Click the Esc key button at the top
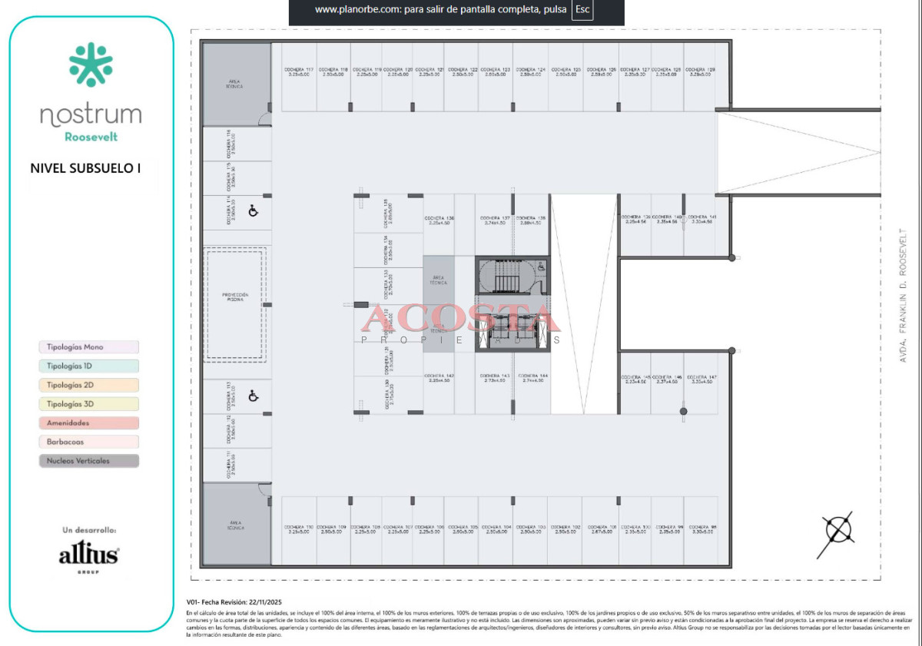pos(582,10)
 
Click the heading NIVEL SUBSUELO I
pos(85,167)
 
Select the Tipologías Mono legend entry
pos(88,347)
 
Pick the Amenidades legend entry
pos(88,423)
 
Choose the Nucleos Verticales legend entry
pos(88,461)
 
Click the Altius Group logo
pos(89,556)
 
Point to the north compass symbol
pos(837,529)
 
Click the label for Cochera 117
pos(299,71)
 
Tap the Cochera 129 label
pos(700,71)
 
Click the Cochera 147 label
pos(701,379)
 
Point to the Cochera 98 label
pos(702,528)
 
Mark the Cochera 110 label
pos(300,528)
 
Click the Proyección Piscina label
pos(234,296)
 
